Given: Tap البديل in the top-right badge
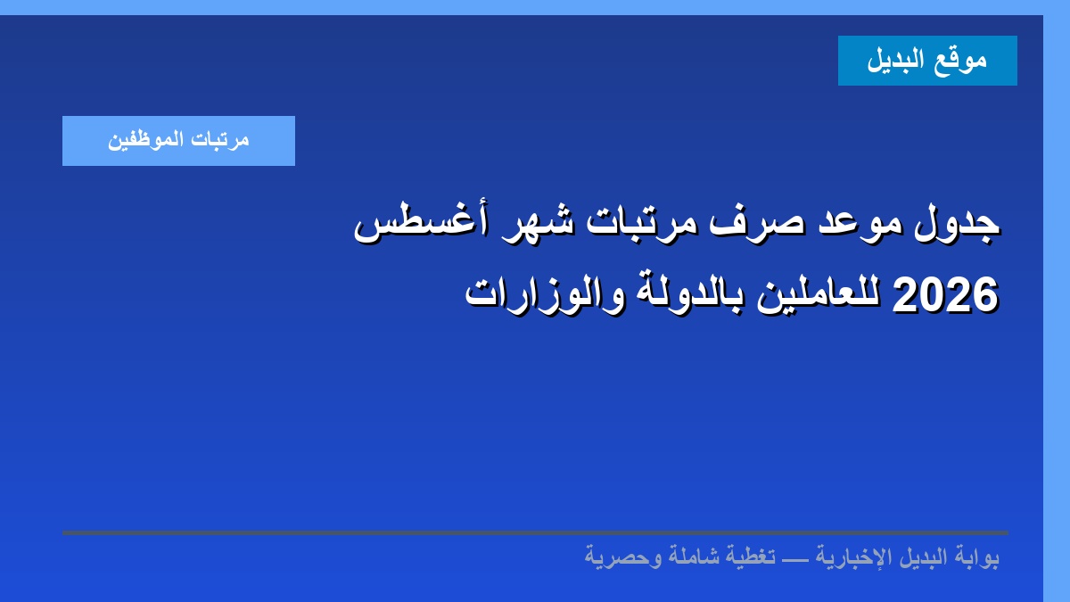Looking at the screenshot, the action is pos(895,60).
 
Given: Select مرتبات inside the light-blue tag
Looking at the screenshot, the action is pos(220,140).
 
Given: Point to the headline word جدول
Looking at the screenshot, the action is pos(957,226).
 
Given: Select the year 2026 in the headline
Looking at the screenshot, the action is pos(945,295).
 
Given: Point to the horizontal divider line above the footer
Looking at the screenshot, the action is pos(535,532).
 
